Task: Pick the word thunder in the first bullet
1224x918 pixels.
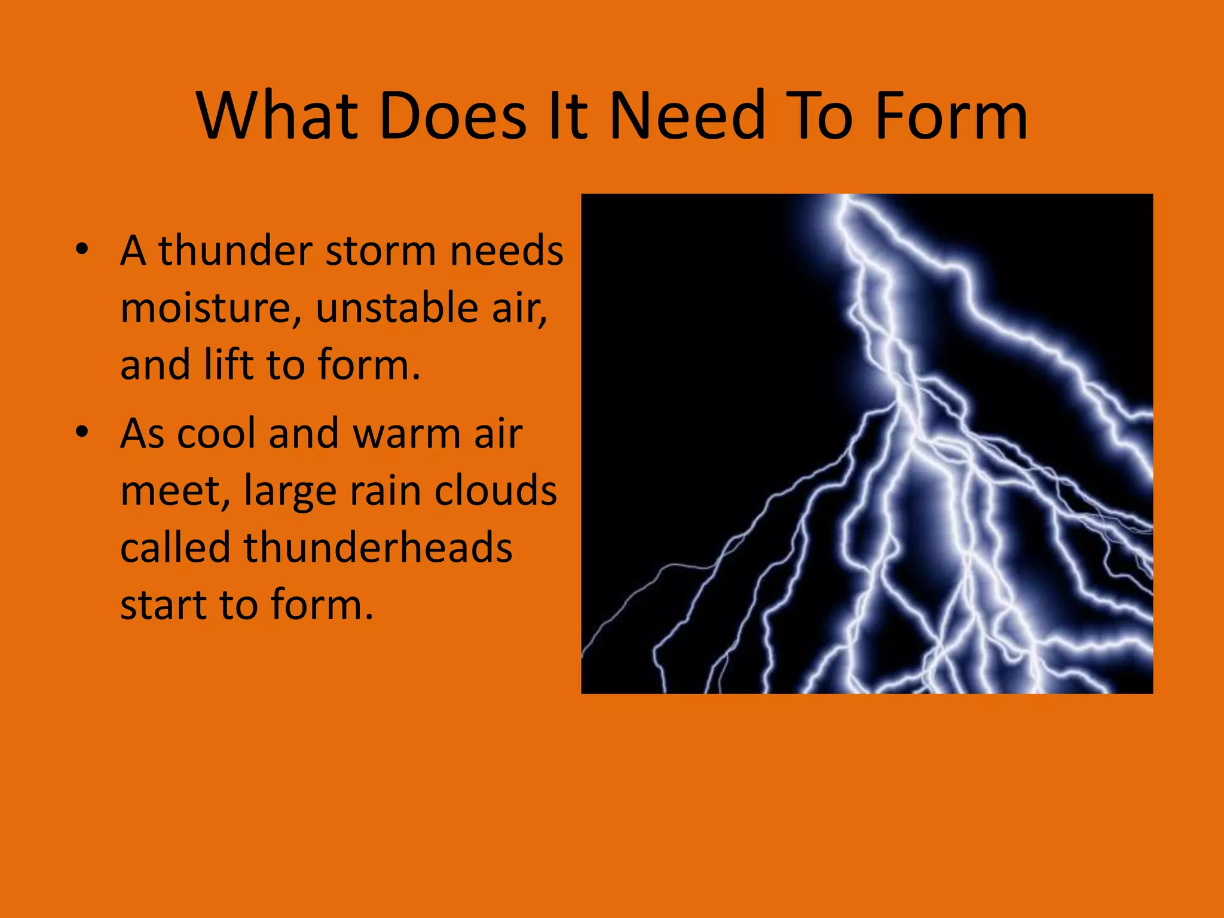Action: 235,250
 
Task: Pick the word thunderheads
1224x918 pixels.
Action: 378,547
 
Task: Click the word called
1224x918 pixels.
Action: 175,547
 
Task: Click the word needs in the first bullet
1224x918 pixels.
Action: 506,250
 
